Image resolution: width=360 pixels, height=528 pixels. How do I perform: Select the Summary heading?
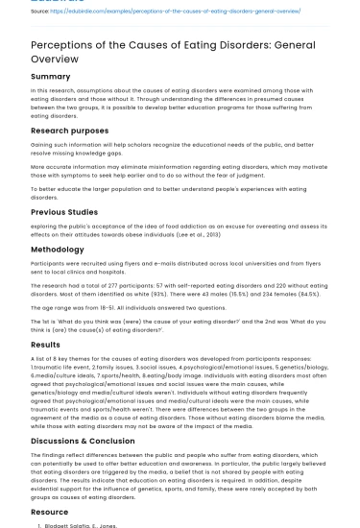click(x=51, y=76)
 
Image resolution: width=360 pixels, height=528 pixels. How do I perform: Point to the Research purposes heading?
click(x=70, y=128)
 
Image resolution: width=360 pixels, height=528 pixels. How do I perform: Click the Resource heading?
click(x=50, y=514)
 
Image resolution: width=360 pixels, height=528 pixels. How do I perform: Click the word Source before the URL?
click(x=41, y=12)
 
